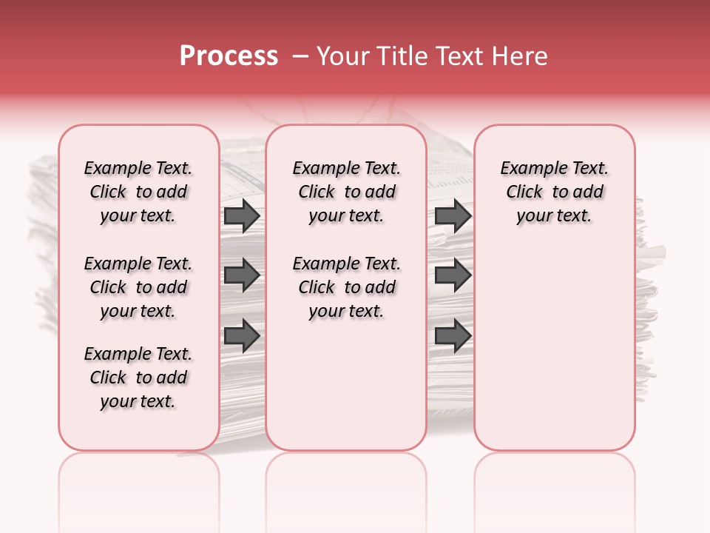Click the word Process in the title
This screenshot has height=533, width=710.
228,56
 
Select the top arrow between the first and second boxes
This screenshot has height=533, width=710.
242,215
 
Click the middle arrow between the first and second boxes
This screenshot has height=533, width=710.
242,276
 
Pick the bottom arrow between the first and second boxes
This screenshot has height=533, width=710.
242,335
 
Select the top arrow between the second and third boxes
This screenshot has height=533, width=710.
453,215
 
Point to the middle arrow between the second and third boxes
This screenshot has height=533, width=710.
453,276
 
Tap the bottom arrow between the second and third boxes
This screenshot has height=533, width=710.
453,335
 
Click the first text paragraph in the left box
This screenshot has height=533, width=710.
138,192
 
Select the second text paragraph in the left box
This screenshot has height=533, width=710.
138,287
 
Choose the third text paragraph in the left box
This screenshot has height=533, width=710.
138,378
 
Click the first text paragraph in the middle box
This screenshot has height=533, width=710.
346,192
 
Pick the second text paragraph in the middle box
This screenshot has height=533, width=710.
346,287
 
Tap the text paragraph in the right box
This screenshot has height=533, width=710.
554,192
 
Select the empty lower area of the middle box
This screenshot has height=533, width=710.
346,385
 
